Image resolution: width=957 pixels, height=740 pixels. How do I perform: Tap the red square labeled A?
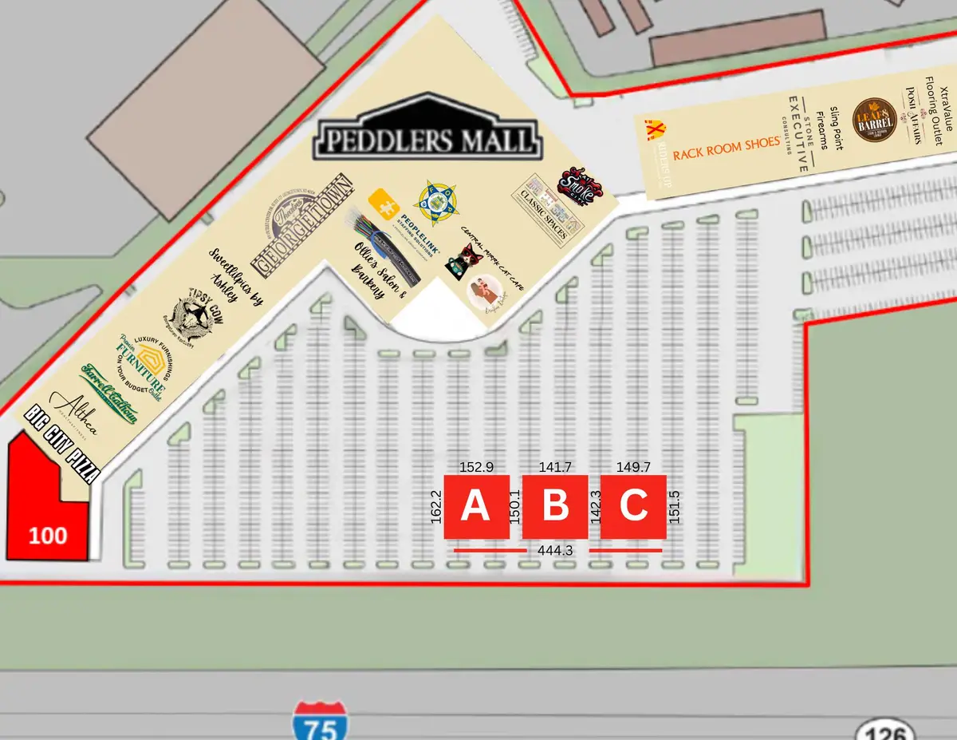(x=476, y=506)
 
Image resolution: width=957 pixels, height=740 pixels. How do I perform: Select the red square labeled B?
(x=555, y=506)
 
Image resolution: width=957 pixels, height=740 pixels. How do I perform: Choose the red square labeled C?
(x=633, y=506)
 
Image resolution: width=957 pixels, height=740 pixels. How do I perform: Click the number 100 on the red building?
(x=48, y=535)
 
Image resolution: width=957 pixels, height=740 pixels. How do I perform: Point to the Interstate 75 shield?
(x=319, y=720)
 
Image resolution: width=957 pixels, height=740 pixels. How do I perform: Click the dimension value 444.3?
(x=556, y=550)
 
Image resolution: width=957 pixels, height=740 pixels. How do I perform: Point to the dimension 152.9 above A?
(x=476, y=466)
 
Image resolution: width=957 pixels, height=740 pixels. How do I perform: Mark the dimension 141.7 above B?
(x=555, y=466)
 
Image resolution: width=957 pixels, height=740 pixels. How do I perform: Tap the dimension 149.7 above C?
(x=633, y=466)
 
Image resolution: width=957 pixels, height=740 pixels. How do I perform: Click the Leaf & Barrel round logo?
(x=875, y=120)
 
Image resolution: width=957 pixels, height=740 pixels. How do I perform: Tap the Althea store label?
(x=75, y=414)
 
